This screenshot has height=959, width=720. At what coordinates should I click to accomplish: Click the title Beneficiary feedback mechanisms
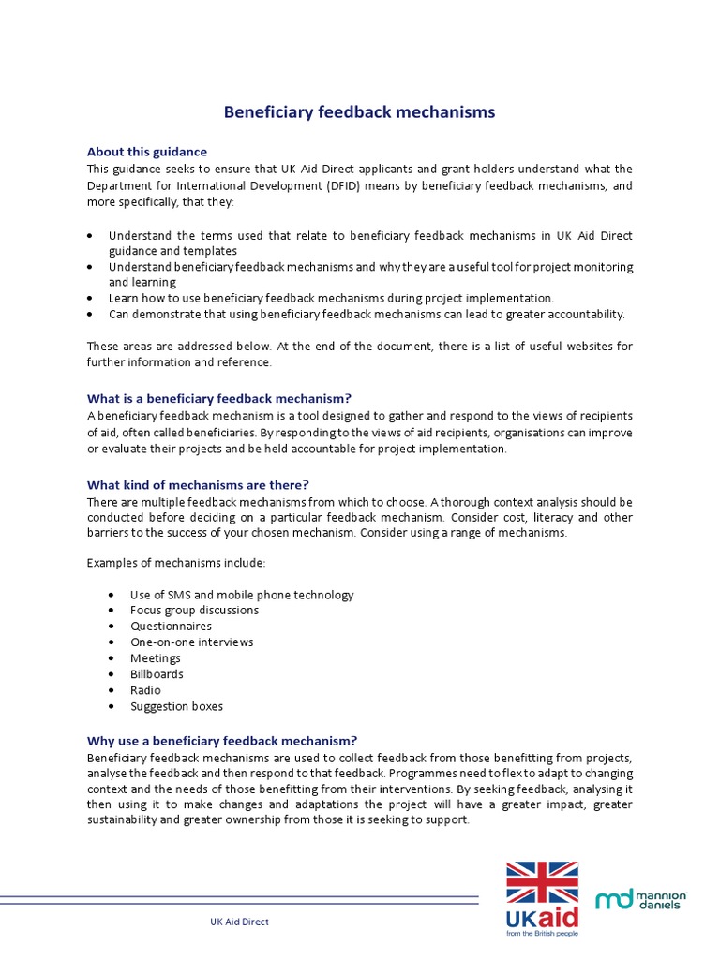coord(359,112)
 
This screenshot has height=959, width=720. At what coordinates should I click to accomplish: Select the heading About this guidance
coord(147,152)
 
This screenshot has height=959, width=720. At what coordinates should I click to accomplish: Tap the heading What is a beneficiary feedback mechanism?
coord(218,398)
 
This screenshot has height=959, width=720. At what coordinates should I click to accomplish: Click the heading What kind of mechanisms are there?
coord(198,485)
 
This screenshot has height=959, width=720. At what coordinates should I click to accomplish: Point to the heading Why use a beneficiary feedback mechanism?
coord(222,740)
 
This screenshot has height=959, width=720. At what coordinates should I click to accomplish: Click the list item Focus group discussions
coord(194,611)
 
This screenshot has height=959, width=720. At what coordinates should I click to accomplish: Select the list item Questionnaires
coord(171,627)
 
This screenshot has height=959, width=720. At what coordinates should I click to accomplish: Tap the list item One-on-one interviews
coord(191,642)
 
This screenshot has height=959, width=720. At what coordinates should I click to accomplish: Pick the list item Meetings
coord(156,658)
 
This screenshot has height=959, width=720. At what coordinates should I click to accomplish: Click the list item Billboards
coord(157,674)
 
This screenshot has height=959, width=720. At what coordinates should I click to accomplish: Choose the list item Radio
coord(145,690)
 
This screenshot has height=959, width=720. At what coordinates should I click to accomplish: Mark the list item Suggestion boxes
coord(176,706)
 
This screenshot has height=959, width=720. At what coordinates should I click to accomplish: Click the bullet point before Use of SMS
coord(112,595)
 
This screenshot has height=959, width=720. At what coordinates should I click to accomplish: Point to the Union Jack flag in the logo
coord(543,882)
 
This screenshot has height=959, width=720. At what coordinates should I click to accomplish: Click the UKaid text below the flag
coord(543,916)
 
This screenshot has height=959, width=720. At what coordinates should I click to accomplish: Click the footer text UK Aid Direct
coord(239,922)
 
